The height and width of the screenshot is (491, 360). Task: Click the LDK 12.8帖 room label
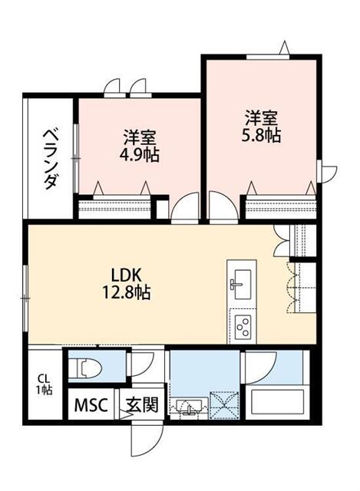127,284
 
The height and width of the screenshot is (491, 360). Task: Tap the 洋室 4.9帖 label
139,146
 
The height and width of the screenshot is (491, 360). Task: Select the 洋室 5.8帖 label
261,126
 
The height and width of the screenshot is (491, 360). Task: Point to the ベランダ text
51,160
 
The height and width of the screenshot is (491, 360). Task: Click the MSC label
91,405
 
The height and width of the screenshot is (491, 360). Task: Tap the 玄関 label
142,405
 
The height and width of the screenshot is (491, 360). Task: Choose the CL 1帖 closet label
45,384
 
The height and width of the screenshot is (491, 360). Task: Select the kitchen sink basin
243,285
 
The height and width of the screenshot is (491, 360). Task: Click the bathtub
275,404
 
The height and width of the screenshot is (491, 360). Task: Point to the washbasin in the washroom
188,407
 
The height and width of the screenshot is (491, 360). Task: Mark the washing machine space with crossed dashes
223,404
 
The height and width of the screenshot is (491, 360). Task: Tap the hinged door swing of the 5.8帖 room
223,207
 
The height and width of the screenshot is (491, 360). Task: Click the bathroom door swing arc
259,367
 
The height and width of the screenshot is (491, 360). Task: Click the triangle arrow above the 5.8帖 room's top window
284,48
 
